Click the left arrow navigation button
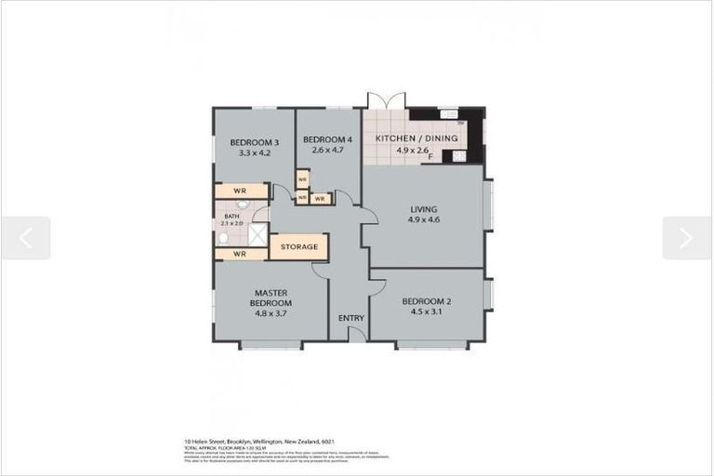point(25,238)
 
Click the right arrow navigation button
point(686,238)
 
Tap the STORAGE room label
point(299,246)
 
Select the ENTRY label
point(350,319)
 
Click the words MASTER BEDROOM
point(272,297)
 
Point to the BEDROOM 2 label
point(426,301)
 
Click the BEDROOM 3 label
point(254,142)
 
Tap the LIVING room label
point(422,209)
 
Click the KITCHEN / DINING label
point(416,139)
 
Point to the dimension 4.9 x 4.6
point(422,220)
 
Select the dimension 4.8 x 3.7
point(272,314)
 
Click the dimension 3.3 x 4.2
point(254,152)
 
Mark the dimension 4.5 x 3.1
point(426,312)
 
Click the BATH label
point(231,216)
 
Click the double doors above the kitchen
point(386,102)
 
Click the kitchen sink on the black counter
point(447,114)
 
